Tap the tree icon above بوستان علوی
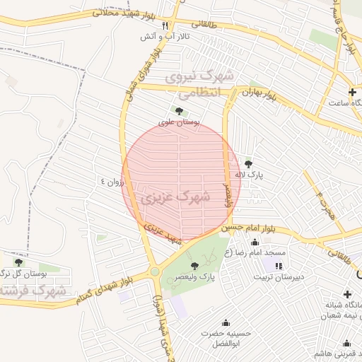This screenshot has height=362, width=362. tap(178, 110)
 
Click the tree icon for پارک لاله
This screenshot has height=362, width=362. tap(247, 163)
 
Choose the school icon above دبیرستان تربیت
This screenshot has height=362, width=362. tap(279, 266)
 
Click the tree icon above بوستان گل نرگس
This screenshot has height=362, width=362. tap(18, 262)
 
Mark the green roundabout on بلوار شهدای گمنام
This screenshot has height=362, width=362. tap(154, 271)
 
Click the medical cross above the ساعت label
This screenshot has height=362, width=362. tap(352, 93)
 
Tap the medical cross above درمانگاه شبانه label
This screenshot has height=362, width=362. tap(347, 294)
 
